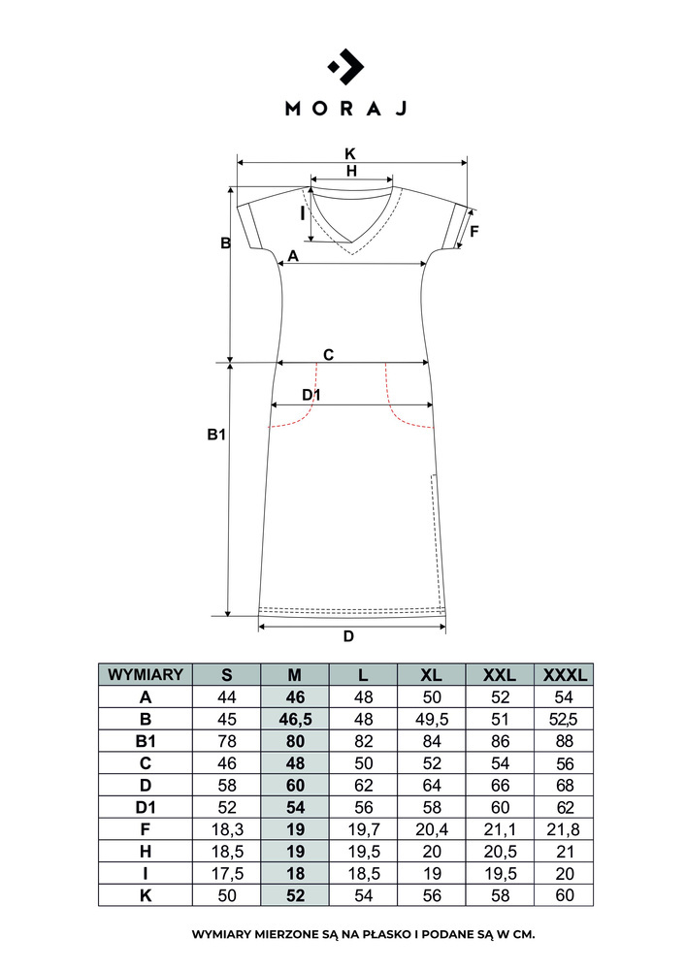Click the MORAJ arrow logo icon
(x=345, y=66)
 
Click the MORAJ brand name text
(x=346, y=109)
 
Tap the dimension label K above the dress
(x=350, y=153)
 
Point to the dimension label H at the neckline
(x=351, y=171)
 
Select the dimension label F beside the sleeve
(x=474, y=232)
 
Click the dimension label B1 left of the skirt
(x=216, y=435)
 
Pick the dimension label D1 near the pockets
(x=311, y=395)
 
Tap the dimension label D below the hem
(x=349, y=636)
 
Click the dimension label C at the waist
(x=329, y=354)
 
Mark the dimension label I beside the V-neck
(x=303, y=213)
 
